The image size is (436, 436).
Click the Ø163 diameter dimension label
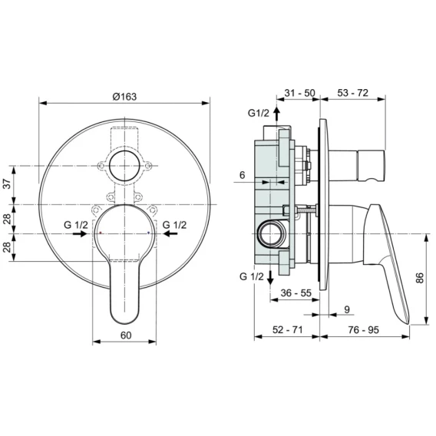[x=124, y=97]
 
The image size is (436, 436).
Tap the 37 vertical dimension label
[x=7, y=183]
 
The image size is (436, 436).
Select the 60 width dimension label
[x=126, y=335]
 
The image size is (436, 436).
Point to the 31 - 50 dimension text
[x=299, y=93]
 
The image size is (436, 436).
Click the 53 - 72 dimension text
[x=352, y=93]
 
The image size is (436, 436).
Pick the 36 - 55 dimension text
[x=296, y=292]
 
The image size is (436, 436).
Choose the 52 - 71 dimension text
[x=287, y=330]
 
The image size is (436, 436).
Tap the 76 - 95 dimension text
[x=363, y=330]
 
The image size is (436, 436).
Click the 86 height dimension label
[x=420, y=278]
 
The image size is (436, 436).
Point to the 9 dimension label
[x=347, y=309]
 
